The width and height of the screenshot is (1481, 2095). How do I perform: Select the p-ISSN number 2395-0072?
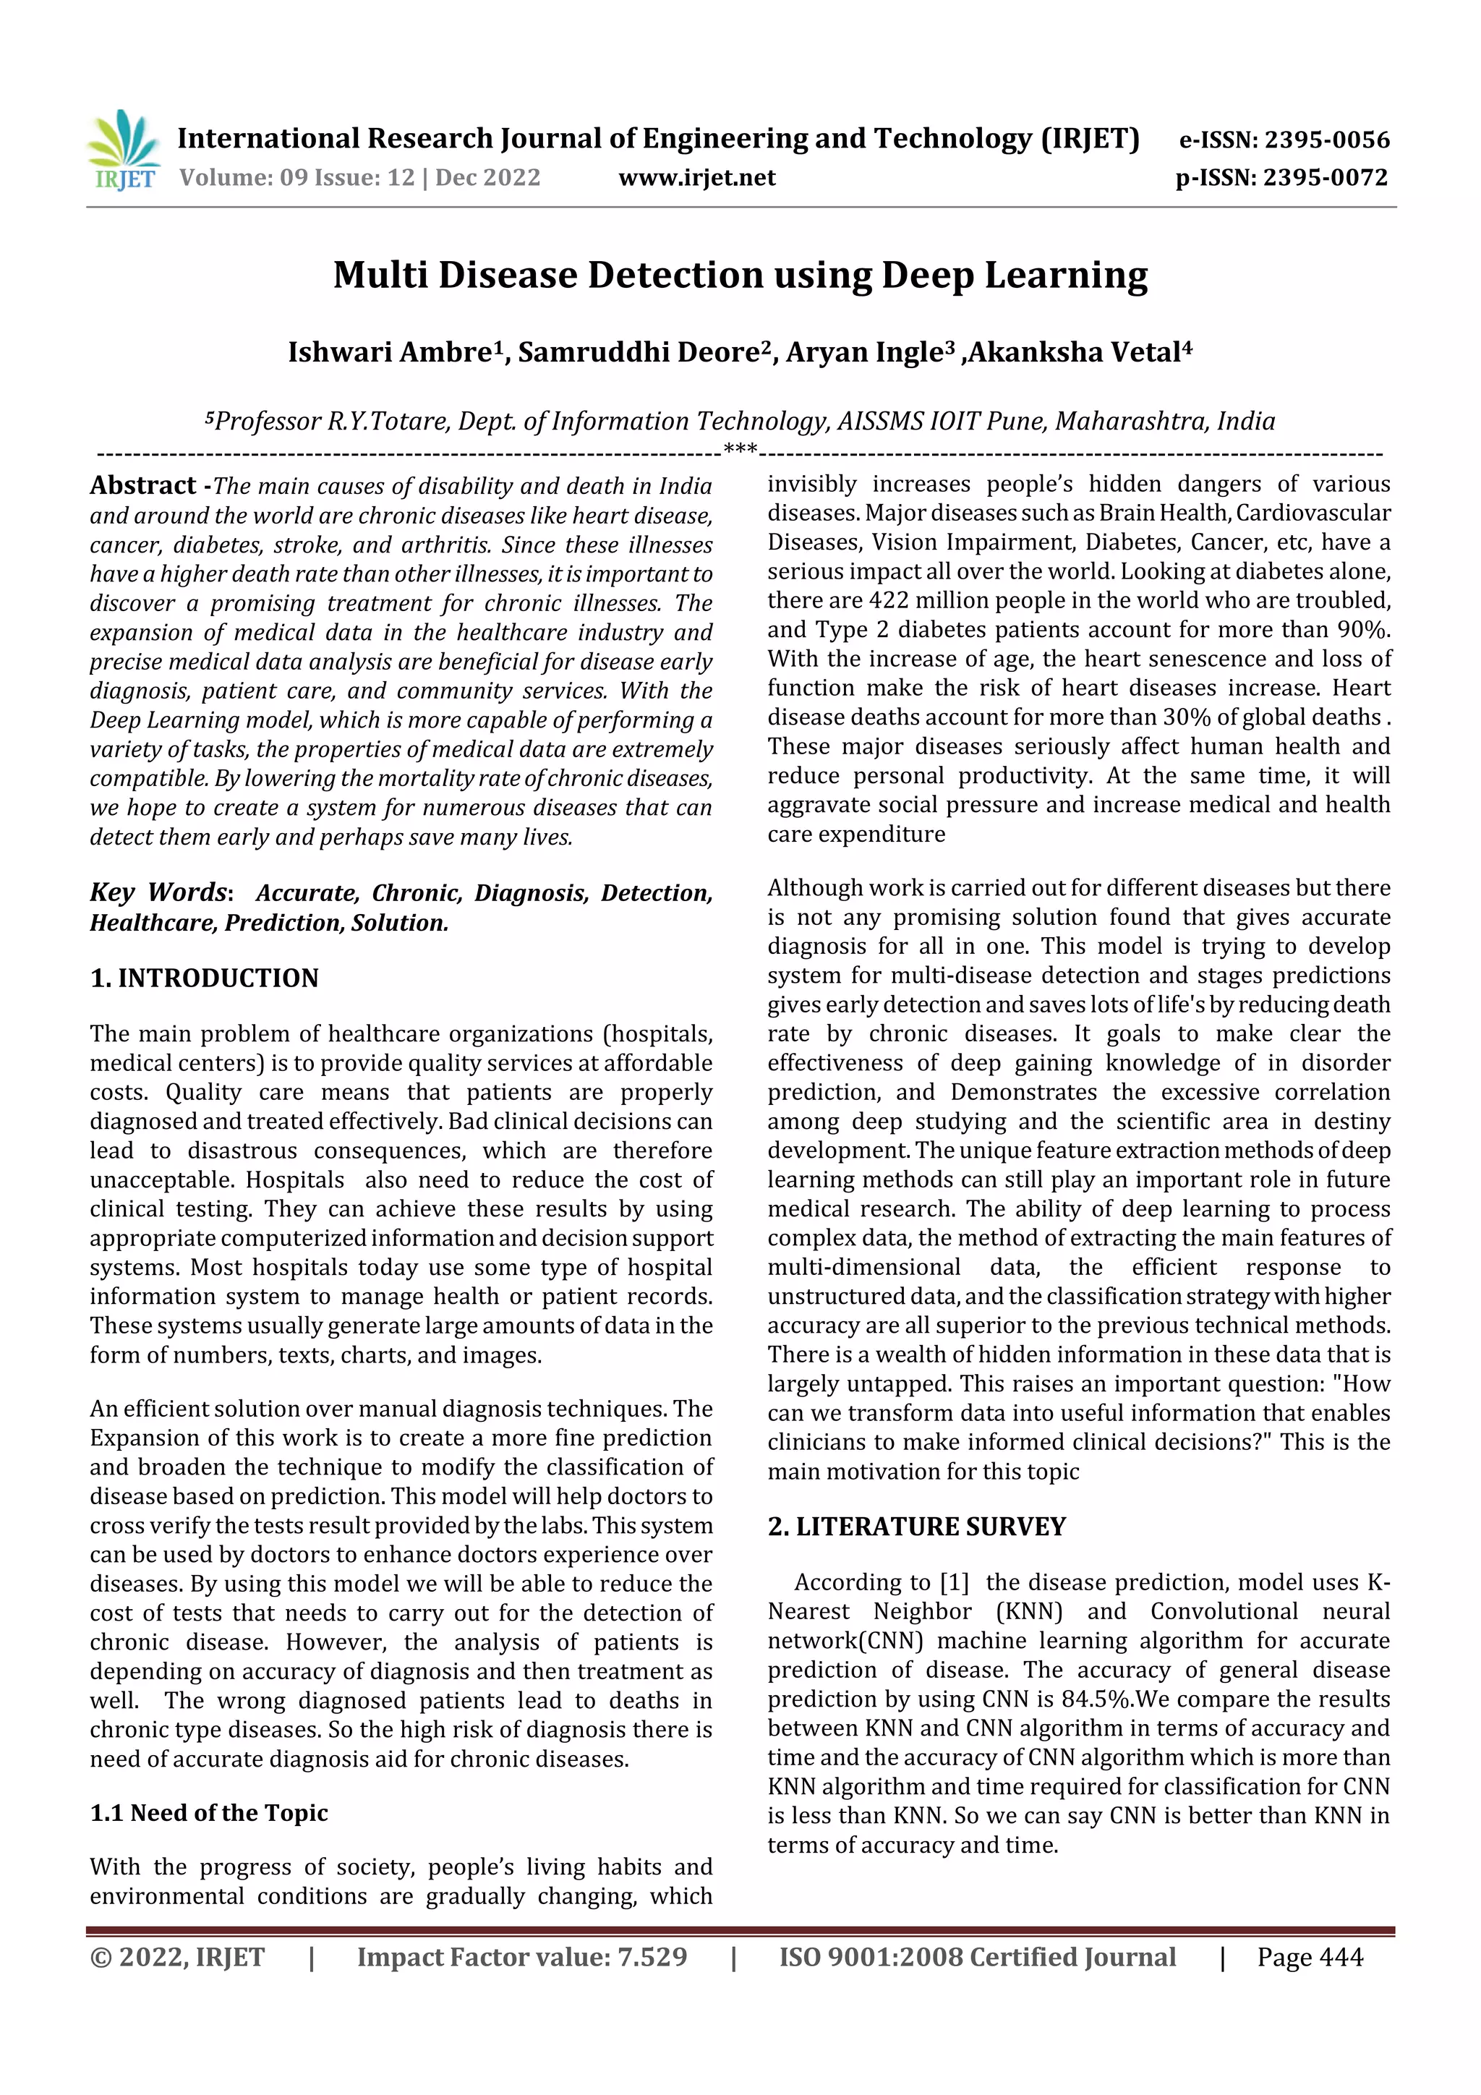(x=1325, y=177)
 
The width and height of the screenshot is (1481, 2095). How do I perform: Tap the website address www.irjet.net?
(x=696, y=177)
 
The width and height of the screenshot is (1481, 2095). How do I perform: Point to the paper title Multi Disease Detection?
(x=740, y=275)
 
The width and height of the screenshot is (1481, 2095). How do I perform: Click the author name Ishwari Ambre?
(x=390, y=352)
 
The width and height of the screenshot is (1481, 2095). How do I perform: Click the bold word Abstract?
(x=142, y=485)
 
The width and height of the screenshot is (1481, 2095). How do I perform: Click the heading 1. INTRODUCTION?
(x=205, y=978)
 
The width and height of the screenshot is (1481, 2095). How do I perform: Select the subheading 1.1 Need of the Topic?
(x=209, y=1812)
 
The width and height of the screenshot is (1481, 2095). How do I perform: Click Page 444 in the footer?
(x=1310, y=1957)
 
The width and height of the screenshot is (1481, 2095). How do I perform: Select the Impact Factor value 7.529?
(x=652, y=1957)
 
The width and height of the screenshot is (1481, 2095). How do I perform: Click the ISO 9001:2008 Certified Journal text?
(x=976, y=1957)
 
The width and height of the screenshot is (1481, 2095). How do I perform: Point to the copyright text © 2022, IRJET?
(x=177, y=1957)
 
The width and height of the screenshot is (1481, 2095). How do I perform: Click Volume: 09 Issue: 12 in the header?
(x=296, y=177)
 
